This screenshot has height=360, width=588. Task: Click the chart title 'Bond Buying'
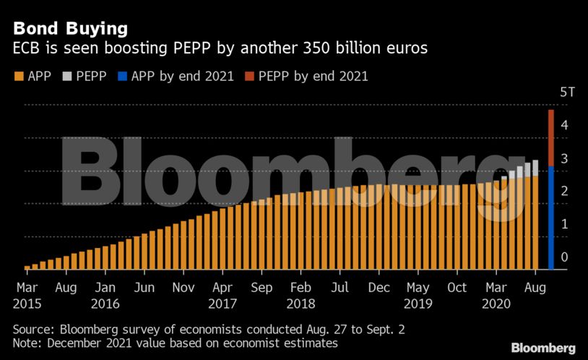(x=70, y=28)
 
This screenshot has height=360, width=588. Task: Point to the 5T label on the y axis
(x=568, y=93)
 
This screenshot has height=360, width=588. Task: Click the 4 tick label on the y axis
(x=564, y=125)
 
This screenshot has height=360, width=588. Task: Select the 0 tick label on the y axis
(x=564, y=257)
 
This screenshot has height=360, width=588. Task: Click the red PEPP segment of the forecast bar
(x=551, y=137)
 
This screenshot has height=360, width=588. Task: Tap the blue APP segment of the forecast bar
(x=551, y=217)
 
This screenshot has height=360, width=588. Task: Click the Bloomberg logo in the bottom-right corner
(x=543, y=348)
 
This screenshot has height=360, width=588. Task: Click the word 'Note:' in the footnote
(x=28, y=343)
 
